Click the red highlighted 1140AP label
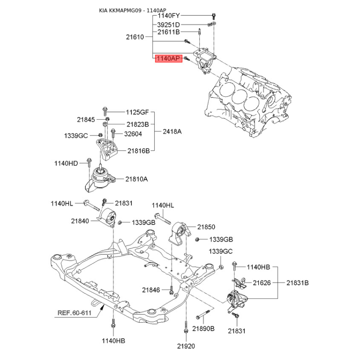pos(169,58)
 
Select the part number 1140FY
pos(168,16)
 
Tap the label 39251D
pos(168,25)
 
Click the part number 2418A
pos(172,131)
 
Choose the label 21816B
pos(139,151)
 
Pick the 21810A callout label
pos(136,179)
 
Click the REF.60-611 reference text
pos(74,313)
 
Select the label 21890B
pos(203,328)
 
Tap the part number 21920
pos(186,346)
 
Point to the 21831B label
pos(297,283)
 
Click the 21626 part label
pos(262,283)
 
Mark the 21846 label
pos(151,290)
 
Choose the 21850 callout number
pos(206,227)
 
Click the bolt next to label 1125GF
pos(105,111)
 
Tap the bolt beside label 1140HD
pos(89,162)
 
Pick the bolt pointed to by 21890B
pos(203,314)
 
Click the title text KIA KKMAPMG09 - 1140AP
pos(132,10)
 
